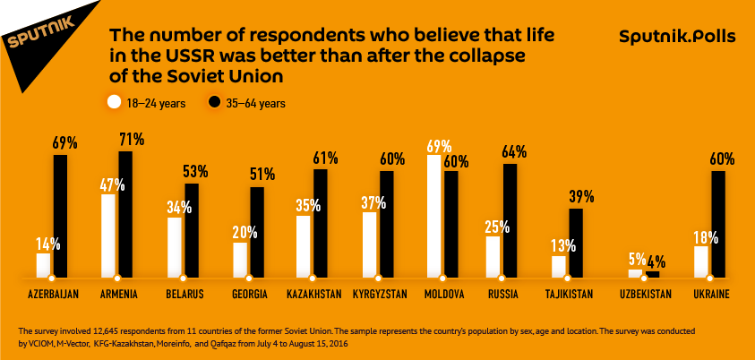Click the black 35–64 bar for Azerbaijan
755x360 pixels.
(60, 215)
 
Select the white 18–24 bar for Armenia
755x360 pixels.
(108, 235)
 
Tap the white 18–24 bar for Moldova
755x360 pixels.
(434, 215)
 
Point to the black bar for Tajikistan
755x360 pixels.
(576, 241)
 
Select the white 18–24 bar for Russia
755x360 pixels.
(493, 255)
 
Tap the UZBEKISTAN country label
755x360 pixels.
(645, 294)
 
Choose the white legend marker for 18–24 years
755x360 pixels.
(114, 102)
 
